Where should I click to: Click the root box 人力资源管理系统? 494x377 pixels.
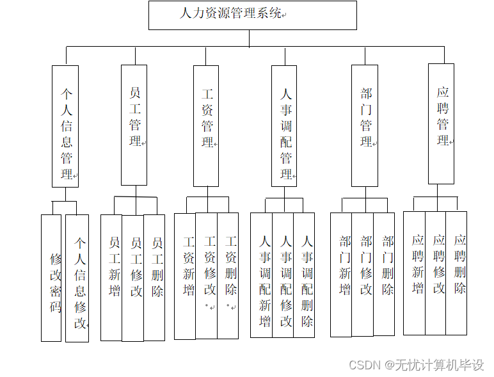coord(252,15)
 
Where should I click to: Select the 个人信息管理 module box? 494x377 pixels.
coord(65,126)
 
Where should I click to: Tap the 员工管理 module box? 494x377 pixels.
coord(135,125)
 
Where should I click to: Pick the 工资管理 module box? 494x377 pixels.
coord(206,125)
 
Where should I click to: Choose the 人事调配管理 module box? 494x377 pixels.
coord(284,125)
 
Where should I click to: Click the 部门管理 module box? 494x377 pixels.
coord(365,125)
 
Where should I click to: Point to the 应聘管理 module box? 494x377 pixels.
coord(441,124)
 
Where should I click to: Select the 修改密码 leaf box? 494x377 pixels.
coord(51,277)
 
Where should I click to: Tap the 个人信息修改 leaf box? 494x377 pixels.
coord(77,277)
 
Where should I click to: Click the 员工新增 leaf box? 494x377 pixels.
coord(111,277)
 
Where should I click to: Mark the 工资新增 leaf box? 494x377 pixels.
coord(185,275)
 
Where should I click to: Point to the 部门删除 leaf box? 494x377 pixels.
coord(384,274)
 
